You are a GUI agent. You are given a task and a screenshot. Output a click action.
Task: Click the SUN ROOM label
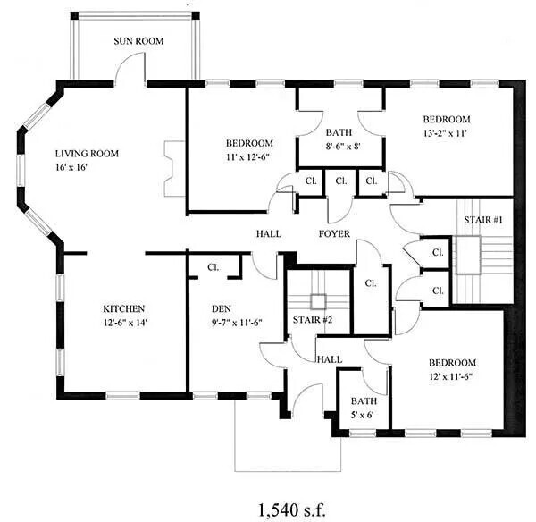137,41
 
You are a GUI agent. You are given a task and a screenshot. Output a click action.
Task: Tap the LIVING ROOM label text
87,153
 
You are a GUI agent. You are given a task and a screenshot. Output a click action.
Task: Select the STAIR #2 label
313,319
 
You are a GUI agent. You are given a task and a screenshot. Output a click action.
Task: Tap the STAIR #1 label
482,220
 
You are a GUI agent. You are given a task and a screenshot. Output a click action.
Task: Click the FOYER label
334,234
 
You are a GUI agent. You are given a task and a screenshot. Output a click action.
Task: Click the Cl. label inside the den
214,266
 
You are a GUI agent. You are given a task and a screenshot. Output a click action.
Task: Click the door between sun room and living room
131,70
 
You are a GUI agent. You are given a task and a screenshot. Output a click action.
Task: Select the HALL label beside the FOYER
269,234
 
